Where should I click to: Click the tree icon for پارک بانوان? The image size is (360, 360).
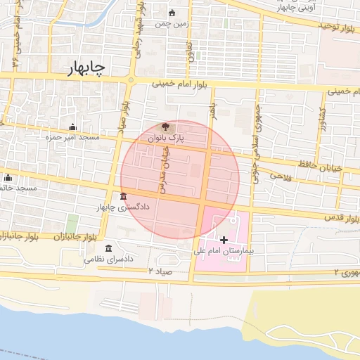click(165, 127)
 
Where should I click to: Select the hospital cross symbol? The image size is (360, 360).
click(224, 240)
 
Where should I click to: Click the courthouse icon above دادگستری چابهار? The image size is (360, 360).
click(124, 195)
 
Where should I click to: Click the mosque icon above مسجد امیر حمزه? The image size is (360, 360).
click(73, 127)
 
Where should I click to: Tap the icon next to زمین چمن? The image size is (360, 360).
click(173, 13)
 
